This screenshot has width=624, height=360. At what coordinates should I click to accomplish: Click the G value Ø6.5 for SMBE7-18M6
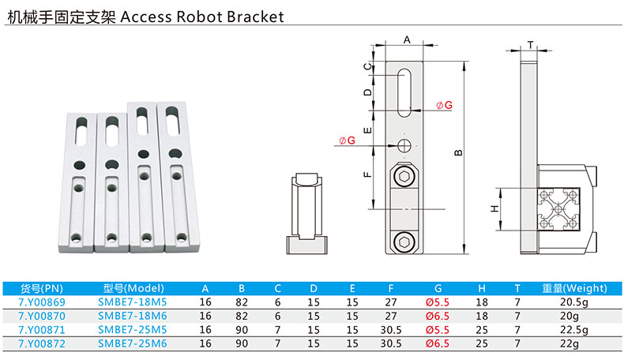click(x=438, y=316)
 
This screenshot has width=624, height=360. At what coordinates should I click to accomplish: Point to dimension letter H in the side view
click(x=493, y=209)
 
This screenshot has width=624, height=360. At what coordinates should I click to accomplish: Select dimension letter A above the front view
click(x=407, y=39)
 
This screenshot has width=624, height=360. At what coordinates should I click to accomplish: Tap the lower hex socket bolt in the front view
click(x=405, y=241)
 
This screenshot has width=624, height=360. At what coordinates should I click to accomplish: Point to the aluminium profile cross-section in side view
click(x=558, y=208)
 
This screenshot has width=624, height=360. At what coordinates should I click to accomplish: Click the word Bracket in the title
click(x=250, y=16)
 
